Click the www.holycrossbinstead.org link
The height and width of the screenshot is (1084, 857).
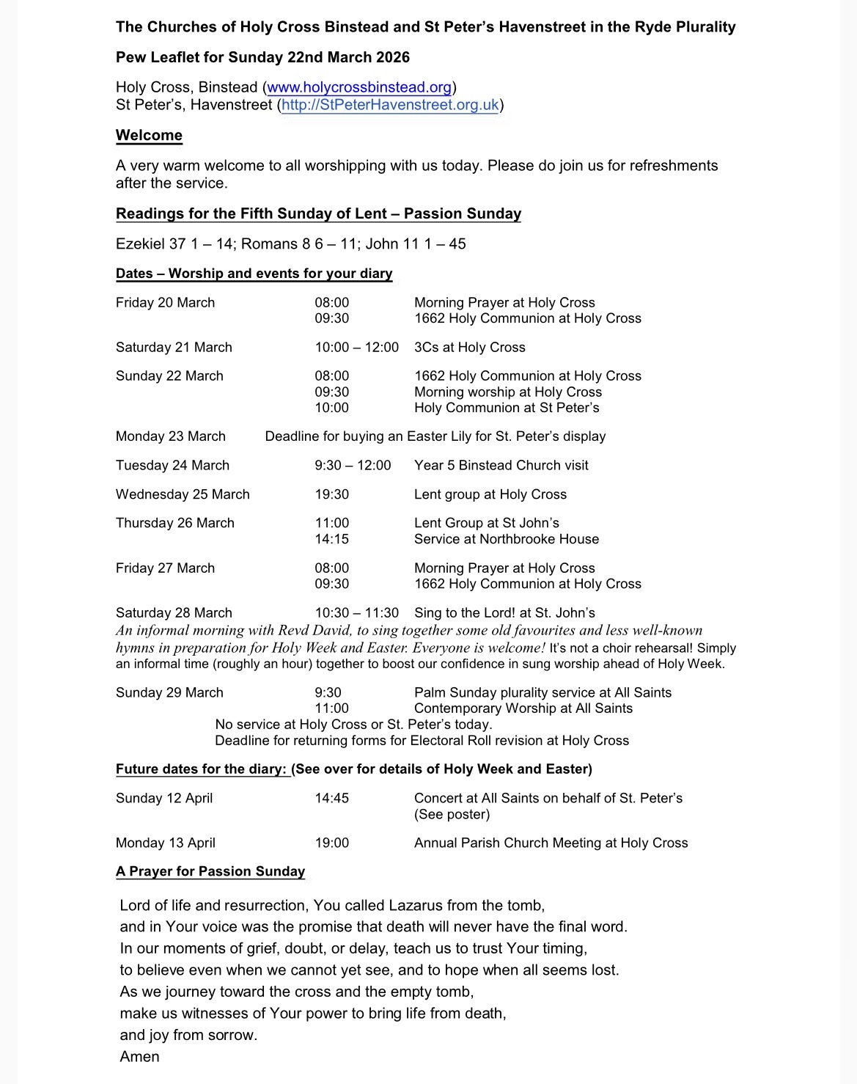click(359, 87)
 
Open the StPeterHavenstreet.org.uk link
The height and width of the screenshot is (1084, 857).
click(390, 105)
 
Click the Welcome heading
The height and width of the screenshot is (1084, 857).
click(149, 136)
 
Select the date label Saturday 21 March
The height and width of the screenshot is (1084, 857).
click(174, 348)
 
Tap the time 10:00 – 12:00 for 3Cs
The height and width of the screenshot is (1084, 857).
click(357, 348)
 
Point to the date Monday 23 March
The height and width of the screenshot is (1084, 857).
click(171, 436)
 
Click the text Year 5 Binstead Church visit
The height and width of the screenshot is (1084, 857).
click(501, 466)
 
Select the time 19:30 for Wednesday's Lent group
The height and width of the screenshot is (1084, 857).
click(332, 495)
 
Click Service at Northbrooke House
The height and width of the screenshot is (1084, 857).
click(506, 539)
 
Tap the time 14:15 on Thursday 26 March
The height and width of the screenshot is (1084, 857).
click(332, 539)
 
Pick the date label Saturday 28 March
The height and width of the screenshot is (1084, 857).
click(174, 613)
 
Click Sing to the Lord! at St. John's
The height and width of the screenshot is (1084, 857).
click(504, 613)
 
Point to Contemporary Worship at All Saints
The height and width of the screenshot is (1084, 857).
click(523, 708)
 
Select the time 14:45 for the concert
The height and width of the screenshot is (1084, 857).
click(332, 798)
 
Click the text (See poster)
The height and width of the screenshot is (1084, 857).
click(452, 814)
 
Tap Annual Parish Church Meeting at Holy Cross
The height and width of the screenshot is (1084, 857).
click(551, 843)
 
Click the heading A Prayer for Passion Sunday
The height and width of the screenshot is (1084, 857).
click(210, 871)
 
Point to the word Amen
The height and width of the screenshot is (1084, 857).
click(139, 1057)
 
